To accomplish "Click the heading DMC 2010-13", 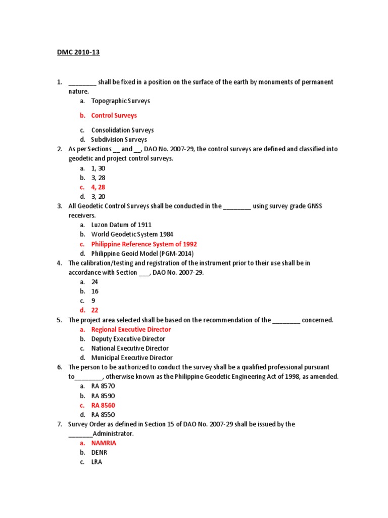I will click(x=78, y=53).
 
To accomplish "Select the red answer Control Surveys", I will click(x=114, y=115).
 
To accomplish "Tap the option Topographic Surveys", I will click(x=120, y=101).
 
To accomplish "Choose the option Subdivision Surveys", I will click(x=119, y=139).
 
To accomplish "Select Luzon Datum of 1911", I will click(x=121, y=225).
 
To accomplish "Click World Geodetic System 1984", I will click(x=131, y=234).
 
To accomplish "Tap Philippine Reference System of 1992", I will click(x=144, y=244).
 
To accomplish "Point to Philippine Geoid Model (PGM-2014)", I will click(x=142, y=253).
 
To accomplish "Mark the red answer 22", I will click(x=94, y=310).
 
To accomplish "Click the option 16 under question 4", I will click(x=94, y=291).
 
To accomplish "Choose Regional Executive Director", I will click(x=131, y=329).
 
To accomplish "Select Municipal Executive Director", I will click(x=132, y=358).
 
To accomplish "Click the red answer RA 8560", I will click(x=100, y=405).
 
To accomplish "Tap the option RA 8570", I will click(x=100, y=386).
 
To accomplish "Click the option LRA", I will click(x=96, y=462).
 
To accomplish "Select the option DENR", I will click(x=99, y=452).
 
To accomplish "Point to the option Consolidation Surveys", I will click(x=122, y=130).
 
